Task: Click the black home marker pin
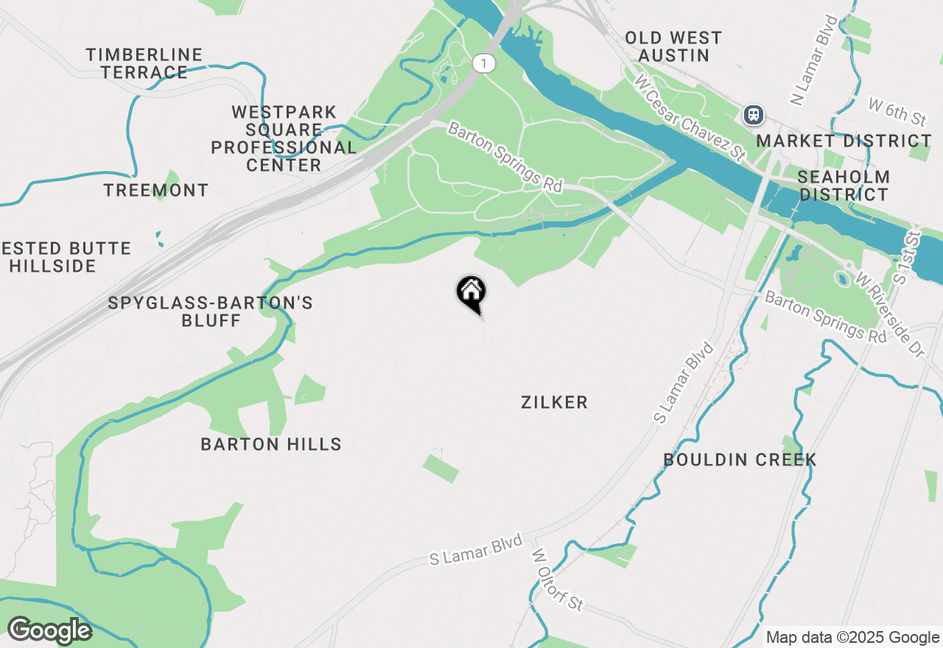coord(471,294)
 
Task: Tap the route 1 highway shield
coord(484,63)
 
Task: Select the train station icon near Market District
coord(753,115)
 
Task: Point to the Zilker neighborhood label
coord(554,402)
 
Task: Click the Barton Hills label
coord(271,444)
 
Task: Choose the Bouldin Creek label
coord(740,459)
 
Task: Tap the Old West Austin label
coord(673,46)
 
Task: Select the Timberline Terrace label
coord(144,63)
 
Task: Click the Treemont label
coord(156,190)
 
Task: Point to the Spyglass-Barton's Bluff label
coord(211,311)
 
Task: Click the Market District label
coord(844,141)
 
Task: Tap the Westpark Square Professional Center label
coord(284,138)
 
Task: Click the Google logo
coord(49,630)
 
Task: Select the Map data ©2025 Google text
coord(852,638)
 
